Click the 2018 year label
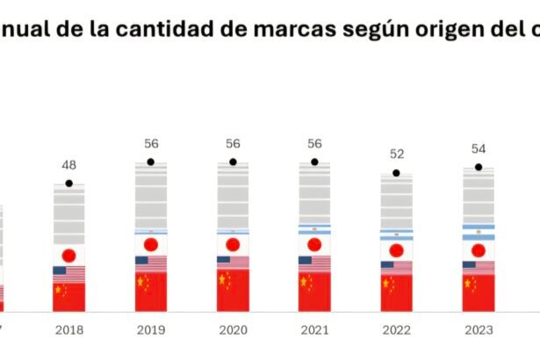click(68, 330)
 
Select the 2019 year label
click(150, 330)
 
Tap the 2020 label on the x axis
click(233, 330)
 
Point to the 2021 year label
click(314, 330)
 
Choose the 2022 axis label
click(396, 330)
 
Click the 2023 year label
click(479, 330)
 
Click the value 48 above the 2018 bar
click(68, 165)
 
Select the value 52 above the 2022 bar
click(396, 155)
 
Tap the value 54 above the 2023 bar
click(479, 148)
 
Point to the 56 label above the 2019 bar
click(150, 143)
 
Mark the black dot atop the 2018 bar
click(68, 184)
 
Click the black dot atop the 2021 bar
click(314, 162)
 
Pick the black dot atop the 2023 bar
click(479, 167)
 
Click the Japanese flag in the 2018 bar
click(68, 256)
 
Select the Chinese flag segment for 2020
click(233, 289)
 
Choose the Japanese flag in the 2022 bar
click(396, 250)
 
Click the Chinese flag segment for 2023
click(479, 291)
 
